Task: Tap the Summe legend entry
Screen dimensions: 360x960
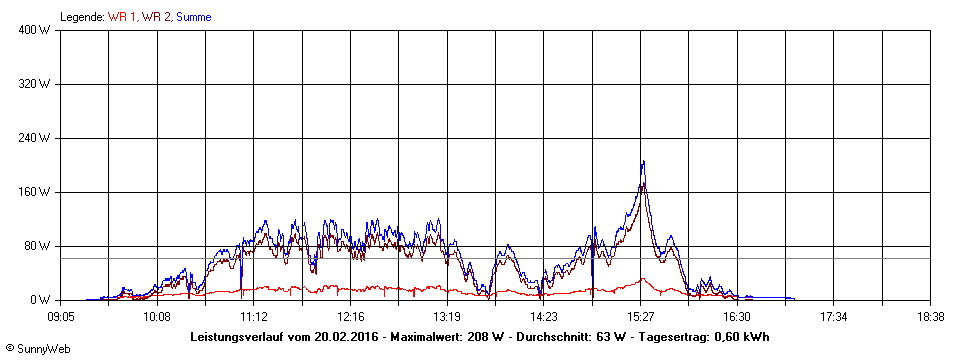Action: pyautogui.click(x=194, y=17)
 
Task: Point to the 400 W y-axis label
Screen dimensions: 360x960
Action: pyautogui.click(x=37, y=30)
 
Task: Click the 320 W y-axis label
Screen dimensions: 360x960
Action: pyautogui.click(x=37, y=84)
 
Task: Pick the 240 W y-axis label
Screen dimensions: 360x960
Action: pyautogui.click(x=37, y=138)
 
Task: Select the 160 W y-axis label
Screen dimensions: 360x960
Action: pyautogui.click(x=37, y=192)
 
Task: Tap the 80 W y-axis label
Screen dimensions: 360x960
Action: pyautogui.click(x=40, y=246)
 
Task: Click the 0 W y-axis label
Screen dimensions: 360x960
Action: pyautogui.click(x=43, y=300)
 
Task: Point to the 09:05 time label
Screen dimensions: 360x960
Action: pyautogui.click(x=61, y=317)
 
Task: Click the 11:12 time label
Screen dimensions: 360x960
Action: pyautogui.click(x=254, y=317)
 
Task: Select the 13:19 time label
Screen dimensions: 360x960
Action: pyautogui.click(x=447, y=317)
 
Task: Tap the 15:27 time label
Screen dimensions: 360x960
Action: pyautogui.click(x=641, y=317)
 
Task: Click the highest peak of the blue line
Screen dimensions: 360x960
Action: pyautogui.click(x=643, y=161)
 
